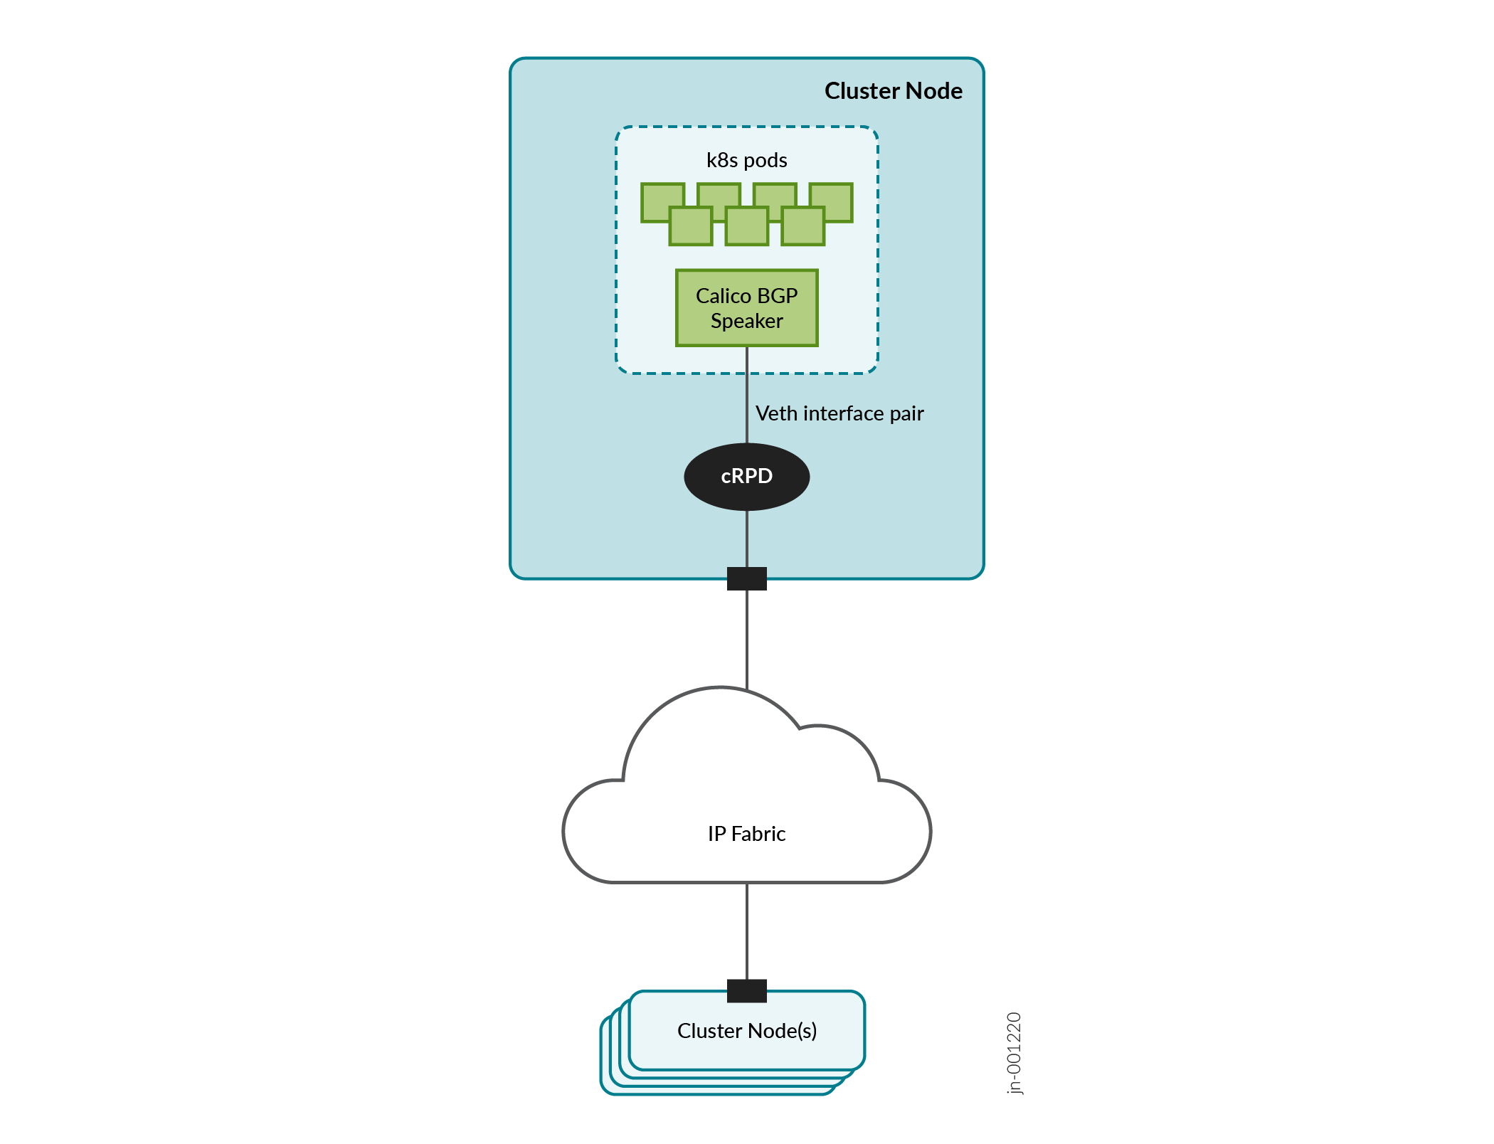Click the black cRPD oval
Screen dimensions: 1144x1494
(746, 476)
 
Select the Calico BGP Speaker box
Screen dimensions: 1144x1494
(746, 308)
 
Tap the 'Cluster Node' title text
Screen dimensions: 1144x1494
(893, 91)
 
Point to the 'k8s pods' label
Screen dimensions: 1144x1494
(746, 160)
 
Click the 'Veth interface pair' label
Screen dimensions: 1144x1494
(839, 413)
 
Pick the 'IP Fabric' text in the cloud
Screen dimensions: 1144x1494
(746, 833)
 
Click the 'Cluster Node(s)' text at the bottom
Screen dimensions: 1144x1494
(746, 1030)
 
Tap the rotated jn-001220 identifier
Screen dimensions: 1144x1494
(1014, 1052)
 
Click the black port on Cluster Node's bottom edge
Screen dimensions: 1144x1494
(746, 578)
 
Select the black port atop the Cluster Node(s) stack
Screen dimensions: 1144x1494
(746, 990)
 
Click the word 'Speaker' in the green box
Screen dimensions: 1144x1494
(746, 321)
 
